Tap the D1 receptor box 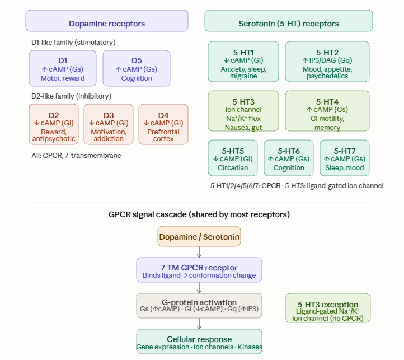tap(63, 68)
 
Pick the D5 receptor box tap(137, 68)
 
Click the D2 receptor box tap(53, 124)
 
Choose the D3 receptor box tap(109, 124)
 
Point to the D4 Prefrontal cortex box tap(163, 124)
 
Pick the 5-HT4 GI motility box tap(327, 111)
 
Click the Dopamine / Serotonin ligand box tap(199, 236)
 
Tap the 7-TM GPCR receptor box tap(199, 270)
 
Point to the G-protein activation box tap(199, 306)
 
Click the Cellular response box tap(199, 342)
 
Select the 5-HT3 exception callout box tap(327, 308)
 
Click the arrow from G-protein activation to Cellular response tap(199, 324)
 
